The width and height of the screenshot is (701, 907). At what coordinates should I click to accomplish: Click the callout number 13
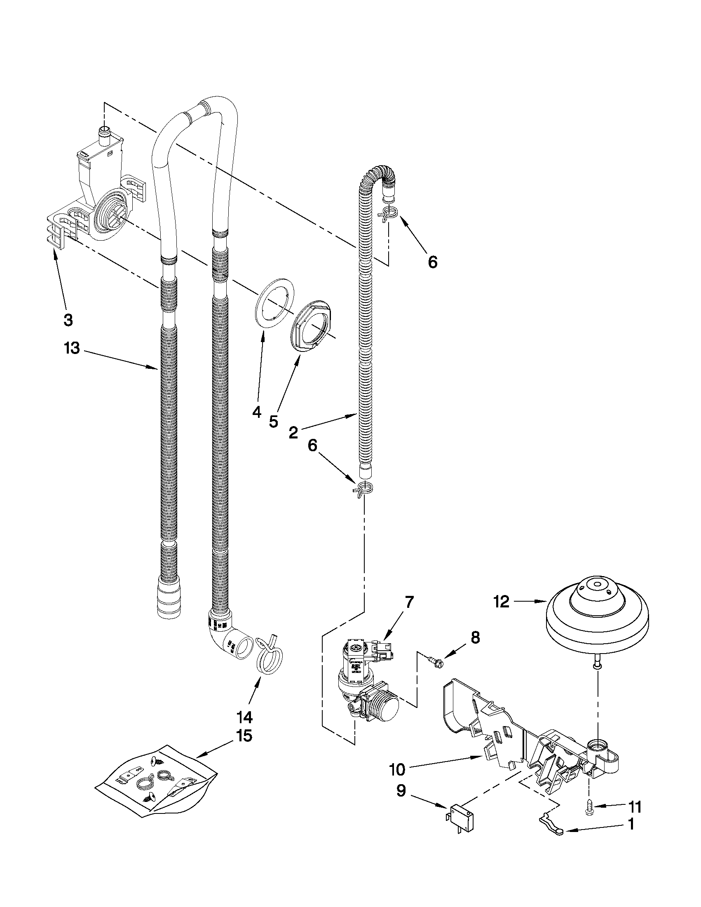coord(72,348)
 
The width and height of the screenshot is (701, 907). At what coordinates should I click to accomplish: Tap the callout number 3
coord(68,320)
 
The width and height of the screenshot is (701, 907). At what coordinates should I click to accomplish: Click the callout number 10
coord(397,769)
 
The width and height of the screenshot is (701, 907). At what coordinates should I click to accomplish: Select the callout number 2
coord(293,433)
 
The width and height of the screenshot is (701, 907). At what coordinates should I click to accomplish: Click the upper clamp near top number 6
coord(388,215)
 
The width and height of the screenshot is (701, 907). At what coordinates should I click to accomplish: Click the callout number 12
coord(501,601)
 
